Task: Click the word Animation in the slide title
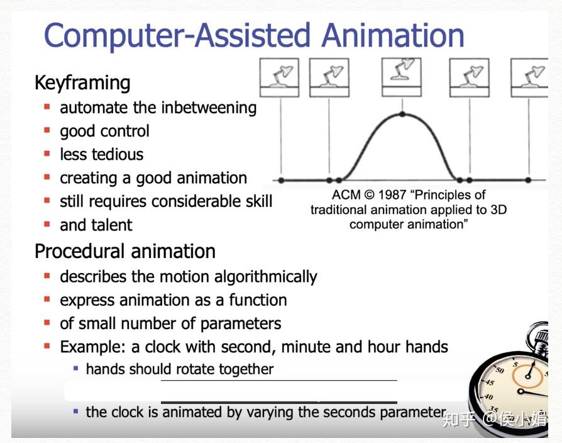tap(393, 36)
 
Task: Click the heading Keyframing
tap(82, 83)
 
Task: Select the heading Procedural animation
tap(124, 251)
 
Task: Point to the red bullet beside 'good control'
tap(47, 131)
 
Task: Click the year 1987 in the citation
tap(392, 195)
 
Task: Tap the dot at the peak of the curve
tap(402, 115)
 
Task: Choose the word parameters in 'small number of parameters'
tap(241, 324)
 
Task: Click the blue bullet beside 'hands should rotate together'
tap(76, 368)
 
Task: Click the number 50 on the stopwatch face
tap(500, 371)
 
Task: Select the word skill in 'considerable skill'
tap(254, 201)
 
